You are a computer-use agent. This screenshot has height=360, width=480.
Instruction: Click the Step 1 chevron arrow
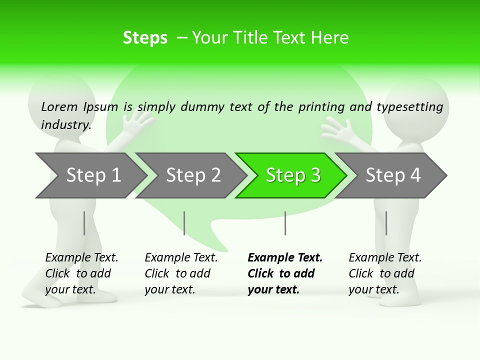pyautogui.click(x=92, y=175)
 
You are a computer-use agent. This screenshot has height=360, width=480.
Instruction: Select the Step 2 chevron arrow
pyautogui.click(x=192, y=175)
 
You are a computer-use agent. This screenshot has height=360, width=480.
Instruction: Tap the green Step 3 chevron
pyautogui.click(x=292, y=175)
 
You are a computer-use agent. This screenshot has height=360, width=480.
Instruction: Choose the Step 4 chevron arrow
pyautogui.click(x=392, y=175)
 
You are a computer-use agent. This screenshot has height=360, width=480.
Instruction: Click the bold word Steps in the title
pyautogui.click(x=145, y=38)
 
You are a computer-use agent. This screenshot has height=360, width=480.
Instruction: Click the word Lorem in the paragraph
pyautogui.click(x=59, y=106)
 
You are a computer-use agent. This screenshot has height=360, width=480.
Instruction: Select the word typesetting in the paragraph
pyautogui.click(x=409, y=107)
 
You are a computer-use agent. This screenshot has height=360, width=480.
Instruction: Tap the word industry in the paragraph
pyautogui.click(x=65, y=124)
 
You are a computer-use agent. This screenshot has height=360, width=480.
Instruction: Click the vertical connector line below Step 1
pyautogui.click(x=84, y=223)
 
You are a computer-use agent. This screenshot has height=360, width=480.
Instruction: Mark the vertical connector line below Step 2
pyautogui.click(x=184, y=223)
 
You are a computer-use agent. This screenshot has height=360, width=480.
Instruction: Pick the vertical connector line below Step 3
pyautogui.click(x=285, y=223)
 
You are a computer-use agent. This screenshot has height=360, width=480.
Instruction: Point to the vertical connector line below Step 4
pyautogui.click(x=386, y=223)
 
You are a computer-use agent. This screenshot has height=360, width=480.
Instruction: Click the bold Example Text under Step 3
pyautogui.click(x=285, y=258)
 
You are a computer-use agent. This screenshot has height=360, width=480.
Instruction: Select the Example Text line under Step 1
pyautogui.click(x=81, y=258)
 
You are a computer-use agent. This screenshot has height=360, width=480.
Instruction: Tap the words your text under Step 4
pyautogui.click(x=373, y=289)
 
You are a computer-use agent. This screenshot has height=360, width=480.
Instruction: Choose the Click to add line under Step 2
pyautogui.click(x=177, y=274)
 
